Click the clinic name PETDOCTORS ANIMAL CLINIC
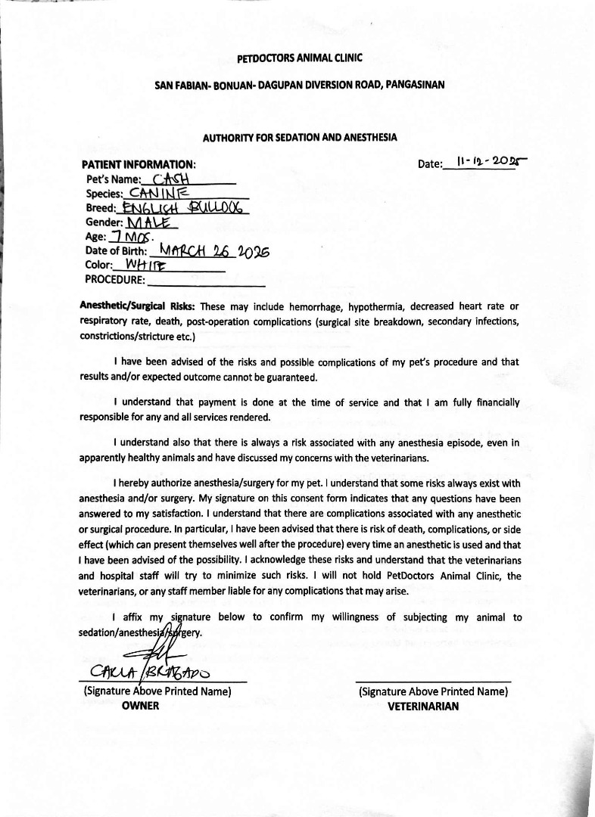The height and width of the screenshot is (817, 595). (300, 57)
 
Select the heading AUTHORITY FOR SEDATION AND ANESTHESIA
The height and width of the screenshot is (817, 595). (300, 138)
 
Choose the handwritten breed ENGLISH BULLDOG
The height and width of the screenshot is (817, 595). (181, 208)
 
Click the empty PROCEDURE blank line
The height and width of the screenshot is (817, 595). (207, 281)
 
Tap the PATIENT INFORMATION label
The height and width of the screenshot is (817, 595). (139, 164)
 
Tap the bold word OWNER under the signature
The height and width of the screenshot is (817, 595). (141, 706)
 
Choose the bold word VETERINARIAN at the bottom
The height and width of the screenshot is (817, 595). (423, 706)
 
